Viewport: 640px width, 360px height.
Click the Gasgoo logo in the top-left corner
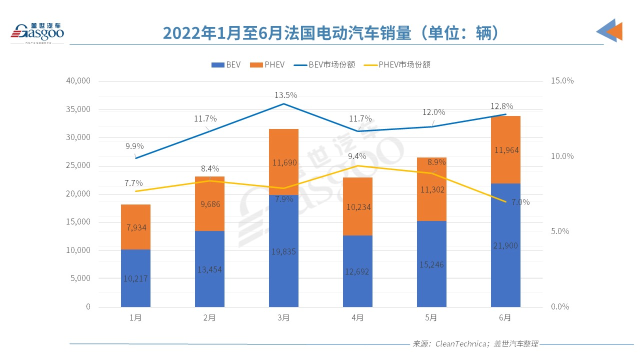pos(38,32)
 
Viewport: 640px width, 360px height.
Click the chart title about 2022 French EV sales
pos(330,33)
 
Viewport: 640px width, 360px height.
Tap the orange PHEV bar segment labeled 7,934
pos(135,227)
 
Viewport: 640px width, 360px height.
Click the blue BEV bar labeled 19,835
pos(283,251)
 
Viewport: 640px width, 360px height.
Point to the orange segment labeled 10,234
pos(357,206)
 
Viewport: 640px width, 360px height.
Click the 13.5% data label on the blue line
pos(285,95)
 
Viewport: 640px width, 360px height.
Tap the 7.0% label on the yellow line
pos(520,202)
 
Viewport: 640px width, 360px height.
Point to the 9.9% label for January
pos(134,146)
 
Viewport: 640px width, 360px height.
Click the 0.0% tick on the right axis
pos(560,306)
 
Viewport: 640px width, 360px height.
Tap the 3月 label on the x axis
pos(283,318)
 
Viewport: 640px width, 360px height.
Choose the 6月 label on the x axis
pos(505,318)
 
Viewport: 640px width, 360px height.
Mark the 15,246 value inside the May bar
pos(431,265)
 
